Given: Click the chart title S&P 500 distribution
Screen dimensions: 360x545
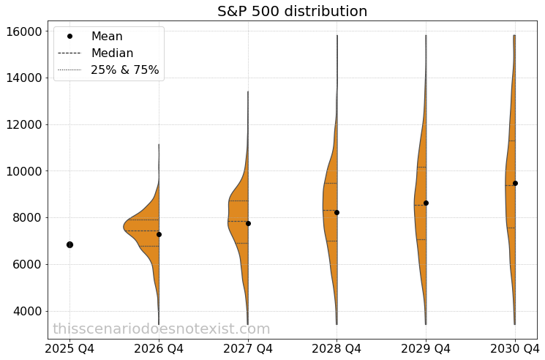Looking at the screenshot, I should [x=292, y=11].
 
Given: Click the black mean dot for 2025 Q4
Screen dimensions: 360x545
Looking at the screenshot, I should [x=69, y=244].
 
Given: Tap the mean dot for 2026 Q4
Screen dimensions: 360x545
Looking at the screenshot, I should [x=159, y=234].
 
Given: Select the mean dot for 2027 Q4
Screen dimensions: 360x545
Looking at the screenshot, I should [x=248, y=223].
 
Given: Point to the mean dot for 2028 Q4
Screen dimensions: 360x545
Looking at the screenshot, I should [x=337, y=212].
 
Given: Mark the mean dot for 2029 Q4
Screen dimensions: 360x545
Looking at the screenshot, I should [x=426, y=203].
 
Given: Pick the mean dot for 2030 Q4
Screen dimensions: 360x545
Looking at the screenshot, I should [x=515, y=183].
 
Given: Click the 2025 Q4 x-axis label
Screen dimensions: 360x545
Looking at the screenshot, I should [x=69, y=348].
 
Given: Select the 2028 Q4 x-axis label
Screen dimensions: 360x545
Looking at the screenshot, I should [x=337, y=348].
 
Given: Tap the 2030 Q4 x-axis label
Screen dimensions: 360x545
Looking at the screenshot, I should [x=515, y=348].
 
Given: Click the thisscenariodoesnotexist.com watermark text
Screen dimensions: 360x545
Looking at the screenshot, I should [x=161, y=329].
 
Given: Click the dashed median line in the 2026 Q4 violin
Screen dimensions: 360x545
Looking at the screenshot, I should [x=143, y=230].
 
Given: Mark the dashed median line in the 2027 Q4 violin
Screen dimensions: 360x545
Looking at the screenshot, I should [x=238, y=221].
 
